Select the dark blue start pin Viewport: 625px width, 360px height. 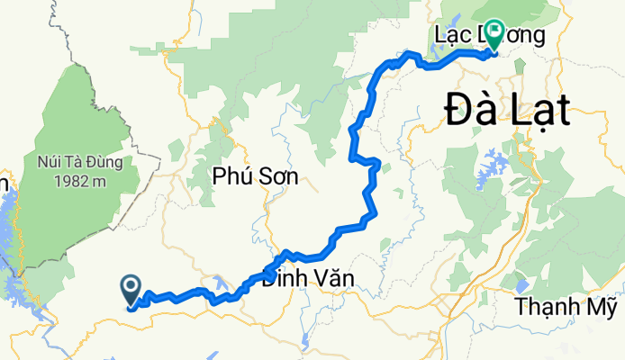point(131,290)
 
